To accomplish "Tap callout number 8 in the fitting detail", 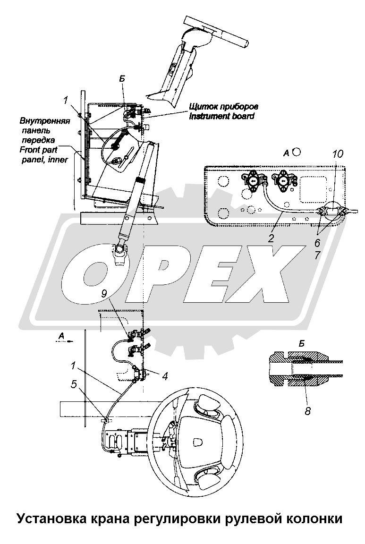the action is [307, 411].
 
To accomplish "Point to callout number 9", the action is [104, 294].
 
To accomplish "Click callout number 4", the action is [165, 376].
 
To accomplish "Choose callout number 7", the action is [317, 255].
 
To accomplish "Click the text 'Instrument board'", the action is [221, 116].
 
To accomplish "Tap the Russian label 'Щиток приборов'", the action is [224, 107].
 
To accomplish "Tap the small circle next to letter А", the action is [297, 152].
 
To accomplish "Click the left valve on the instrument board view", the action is [252, 181].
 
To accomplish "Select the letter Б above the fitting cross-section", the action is [302, 343].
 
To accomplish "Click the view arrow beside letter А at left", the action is [69, 341].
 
